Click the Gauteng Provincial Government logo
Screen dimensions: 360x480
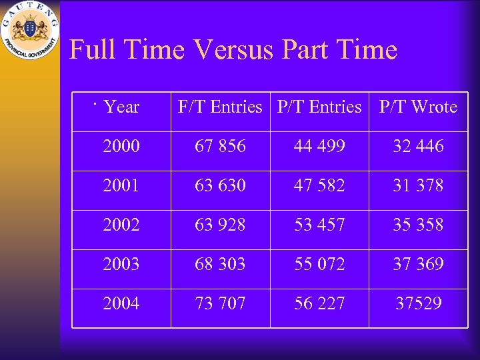(x=29, y=31)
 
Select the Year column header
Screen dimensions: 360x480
(x=122, y=107)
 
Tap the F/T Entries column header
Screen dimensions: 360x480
(x=220, y=107)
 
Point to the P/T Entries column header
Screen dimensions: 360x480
(x=319, y=107)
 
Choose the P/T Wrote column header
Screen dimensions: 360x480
(x=418, y=107)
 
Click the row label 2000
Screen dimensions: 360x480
(x=121, y=146)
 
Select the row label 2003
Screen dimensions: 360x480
(x=121, y=264)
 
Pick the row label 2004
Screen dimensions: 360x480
(x=121, y=303)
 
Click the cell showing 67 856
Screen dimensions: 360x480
(x=220, y=146)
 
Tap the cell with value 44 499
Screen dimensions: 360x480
(x=319, y=146)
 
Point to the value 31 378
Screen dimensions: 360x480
(x=418, y=185)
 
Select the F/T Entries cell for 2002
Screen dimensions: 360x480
(x=220, y=225)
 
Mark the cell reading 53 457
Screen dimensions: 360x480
(x=319, y=225)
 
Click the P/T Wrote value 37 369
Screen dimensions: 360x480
(x=418, y=264)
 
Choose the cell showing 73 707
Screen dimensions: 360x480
(x=220, y=303)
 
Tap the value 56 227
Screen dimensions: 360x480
(x=319, y=303)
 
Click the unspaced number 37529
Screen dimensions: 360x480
(x=418, y=303)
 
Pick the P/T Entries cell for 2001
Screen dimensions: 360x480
(x=319, y=185)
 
